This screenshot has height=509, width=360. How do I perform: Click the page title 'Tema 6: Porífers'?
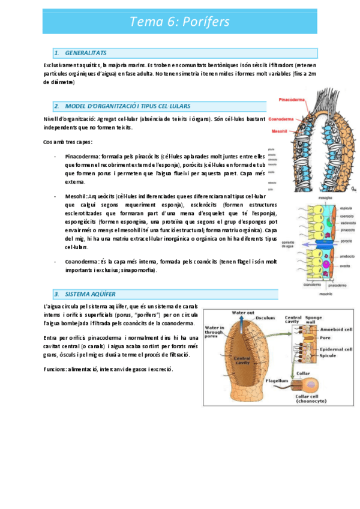(x=179, y=22)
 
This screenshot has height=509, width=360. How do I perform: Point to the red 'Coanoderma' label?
(x=281, y=118)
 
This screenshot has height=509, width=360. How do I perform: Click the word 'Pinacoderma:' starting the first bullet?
(x=83, y=155)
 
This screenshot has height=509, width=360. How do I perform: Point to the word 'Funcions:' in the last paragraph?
(x=58, y=369)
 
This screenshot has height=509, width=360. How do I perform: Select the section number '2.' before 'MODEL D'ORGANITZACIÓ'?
(x=56, y=106)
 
